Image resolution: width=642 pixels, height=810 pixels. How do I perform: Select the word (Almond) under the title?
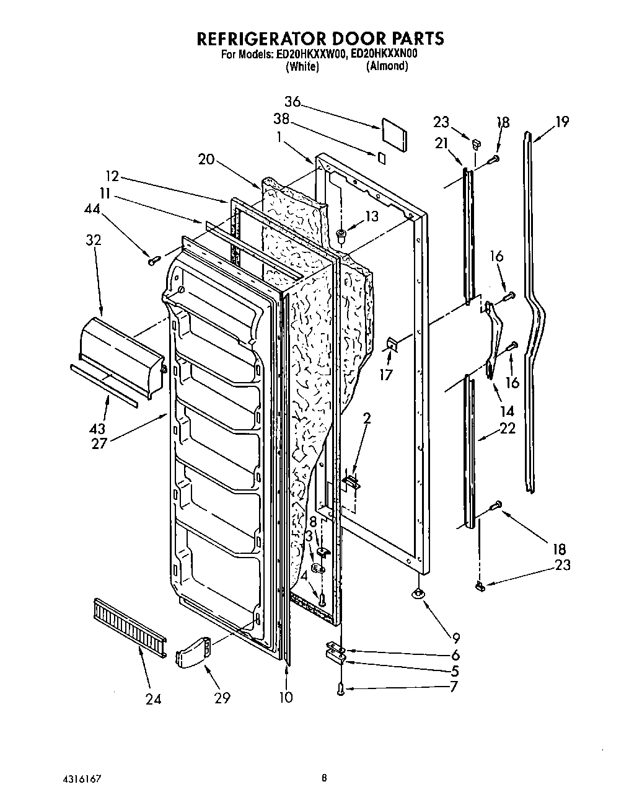[x=387, y=66]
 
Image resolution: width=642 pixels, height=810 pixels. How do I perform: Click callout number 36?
[x=292, y=102]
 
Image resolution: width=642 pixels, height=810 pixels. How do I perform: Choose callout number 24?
[x=153, y=698]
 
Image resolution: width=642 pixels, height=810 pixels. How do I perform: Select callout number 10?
[x=285, y=697]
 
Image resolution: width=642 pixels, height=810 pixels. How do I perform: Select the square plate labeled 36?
[x=395, y=134]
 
